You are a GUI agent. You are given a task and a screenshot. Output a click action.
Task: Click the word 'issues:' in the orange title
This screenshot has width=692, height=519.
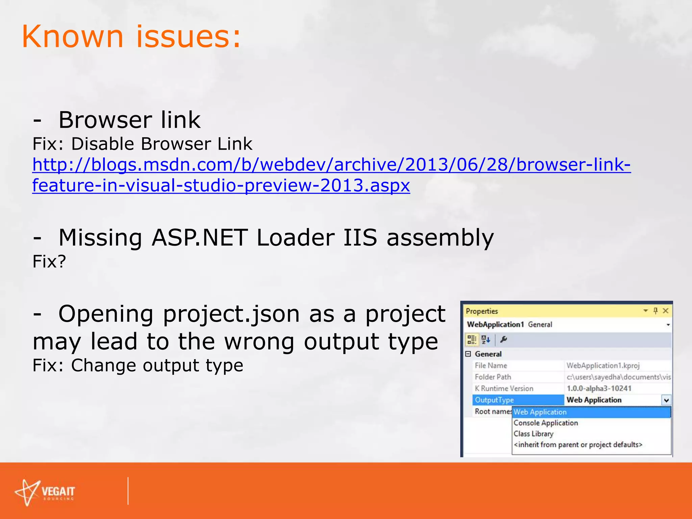pos(189,36)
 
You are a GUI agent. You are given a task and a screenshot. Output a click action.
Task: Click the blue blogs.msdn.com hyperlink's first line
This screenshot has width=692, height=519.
pos(331,165)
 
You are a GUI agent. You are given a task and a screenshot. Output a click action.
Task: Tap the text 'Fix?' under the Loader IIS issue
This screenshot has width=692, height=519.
pos(49,261)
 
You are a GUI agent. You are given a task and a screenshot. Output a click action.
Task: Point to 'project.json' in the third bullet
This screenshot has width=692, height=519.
pos(231,314)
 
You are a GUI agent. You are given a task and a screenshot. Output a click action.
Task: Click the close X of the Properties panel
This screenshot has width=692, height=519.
pos(665,311)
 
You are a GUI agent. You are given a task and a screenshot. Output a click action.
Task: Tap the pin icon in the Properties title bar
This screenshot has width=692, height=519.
pos(656,311)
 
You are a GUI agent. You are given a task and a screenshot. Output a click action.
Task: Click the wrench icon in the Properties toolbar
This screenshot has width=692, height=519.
pos(503,340)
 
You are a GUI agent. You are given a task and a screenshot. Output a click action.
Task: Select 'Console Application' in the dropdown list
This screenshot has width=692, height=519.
pos(546,423)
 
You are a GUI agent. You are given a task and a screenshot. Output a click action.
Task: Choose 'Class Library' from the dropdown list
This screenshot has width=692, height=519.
pos(534,434)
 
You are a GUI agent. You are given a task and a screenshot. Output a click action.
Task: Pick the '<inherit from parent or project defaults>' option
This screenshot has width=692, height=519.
pos(578,445)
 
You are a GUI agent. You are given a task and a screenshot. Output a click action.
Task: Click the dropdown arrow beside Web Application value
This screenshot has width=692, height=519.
pos(666,400)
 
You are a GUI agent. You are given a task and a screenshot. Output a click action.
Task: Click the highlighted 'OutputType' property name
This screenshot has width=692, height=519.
pos(494,400)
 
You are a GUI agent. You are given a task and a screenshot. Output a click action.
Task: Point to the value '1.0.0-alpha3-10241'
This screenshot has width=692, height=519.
pos(599,389)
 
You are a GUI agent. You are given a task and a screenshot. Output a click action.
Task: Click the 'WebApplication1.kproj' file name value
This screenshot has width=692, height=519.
pos(603,366)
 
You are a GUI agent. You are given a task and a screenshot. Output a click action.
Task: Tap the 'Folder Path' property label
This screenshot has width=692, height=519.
pos(493,377)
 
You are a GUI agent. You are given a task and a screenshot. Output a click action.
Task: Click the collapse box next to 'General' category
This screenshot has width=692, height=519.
pos(468,354)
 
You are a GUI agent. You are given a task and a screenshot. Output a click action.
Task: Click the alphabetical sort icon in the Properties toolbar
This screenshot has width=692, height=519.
pos(486,340)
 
